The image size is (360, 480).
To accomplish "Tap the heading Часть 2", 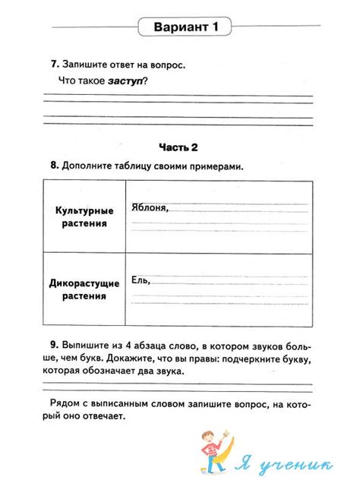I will pyautogui.click(x=180, y=147).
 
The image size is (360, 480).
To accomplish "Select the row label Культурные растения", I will pyautogui.click(x=84, y=217).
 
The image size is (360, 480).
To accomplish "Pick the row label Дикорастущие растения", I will pyautogui.click(x=84, y=289).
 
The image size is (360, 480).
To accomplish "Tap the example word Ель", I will pyautogui.click(x=141, y=280).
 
